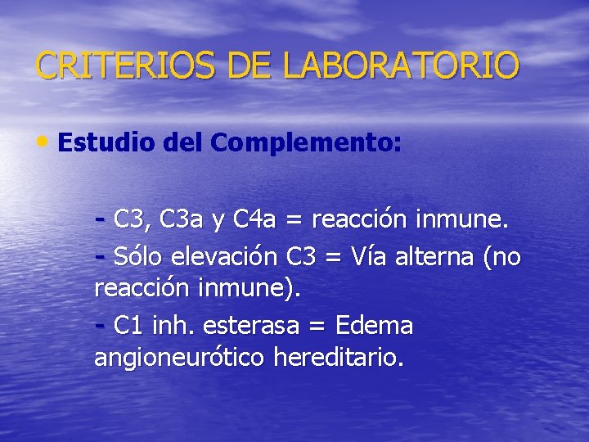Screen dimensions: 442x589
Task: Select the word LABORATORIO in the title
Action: coord(401,65)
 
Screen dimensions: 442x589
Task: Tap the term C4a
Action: coord(254,219)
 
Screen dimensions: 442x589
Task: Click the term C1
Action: coord(129,326)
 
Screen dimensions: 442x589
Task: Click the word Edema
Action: coord(375,326)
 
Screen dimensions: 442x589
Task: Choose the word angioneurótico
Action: coord(181,358)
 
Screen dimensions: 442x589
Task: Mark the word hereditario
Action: coord(339,358)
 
